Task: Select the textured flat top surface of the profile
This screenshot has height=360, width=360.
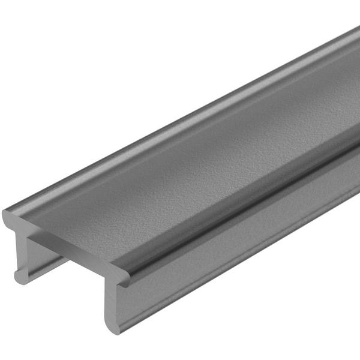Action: point(180,174)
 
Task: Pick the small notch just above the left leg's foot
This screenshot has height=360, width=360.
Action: point(17,269)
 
